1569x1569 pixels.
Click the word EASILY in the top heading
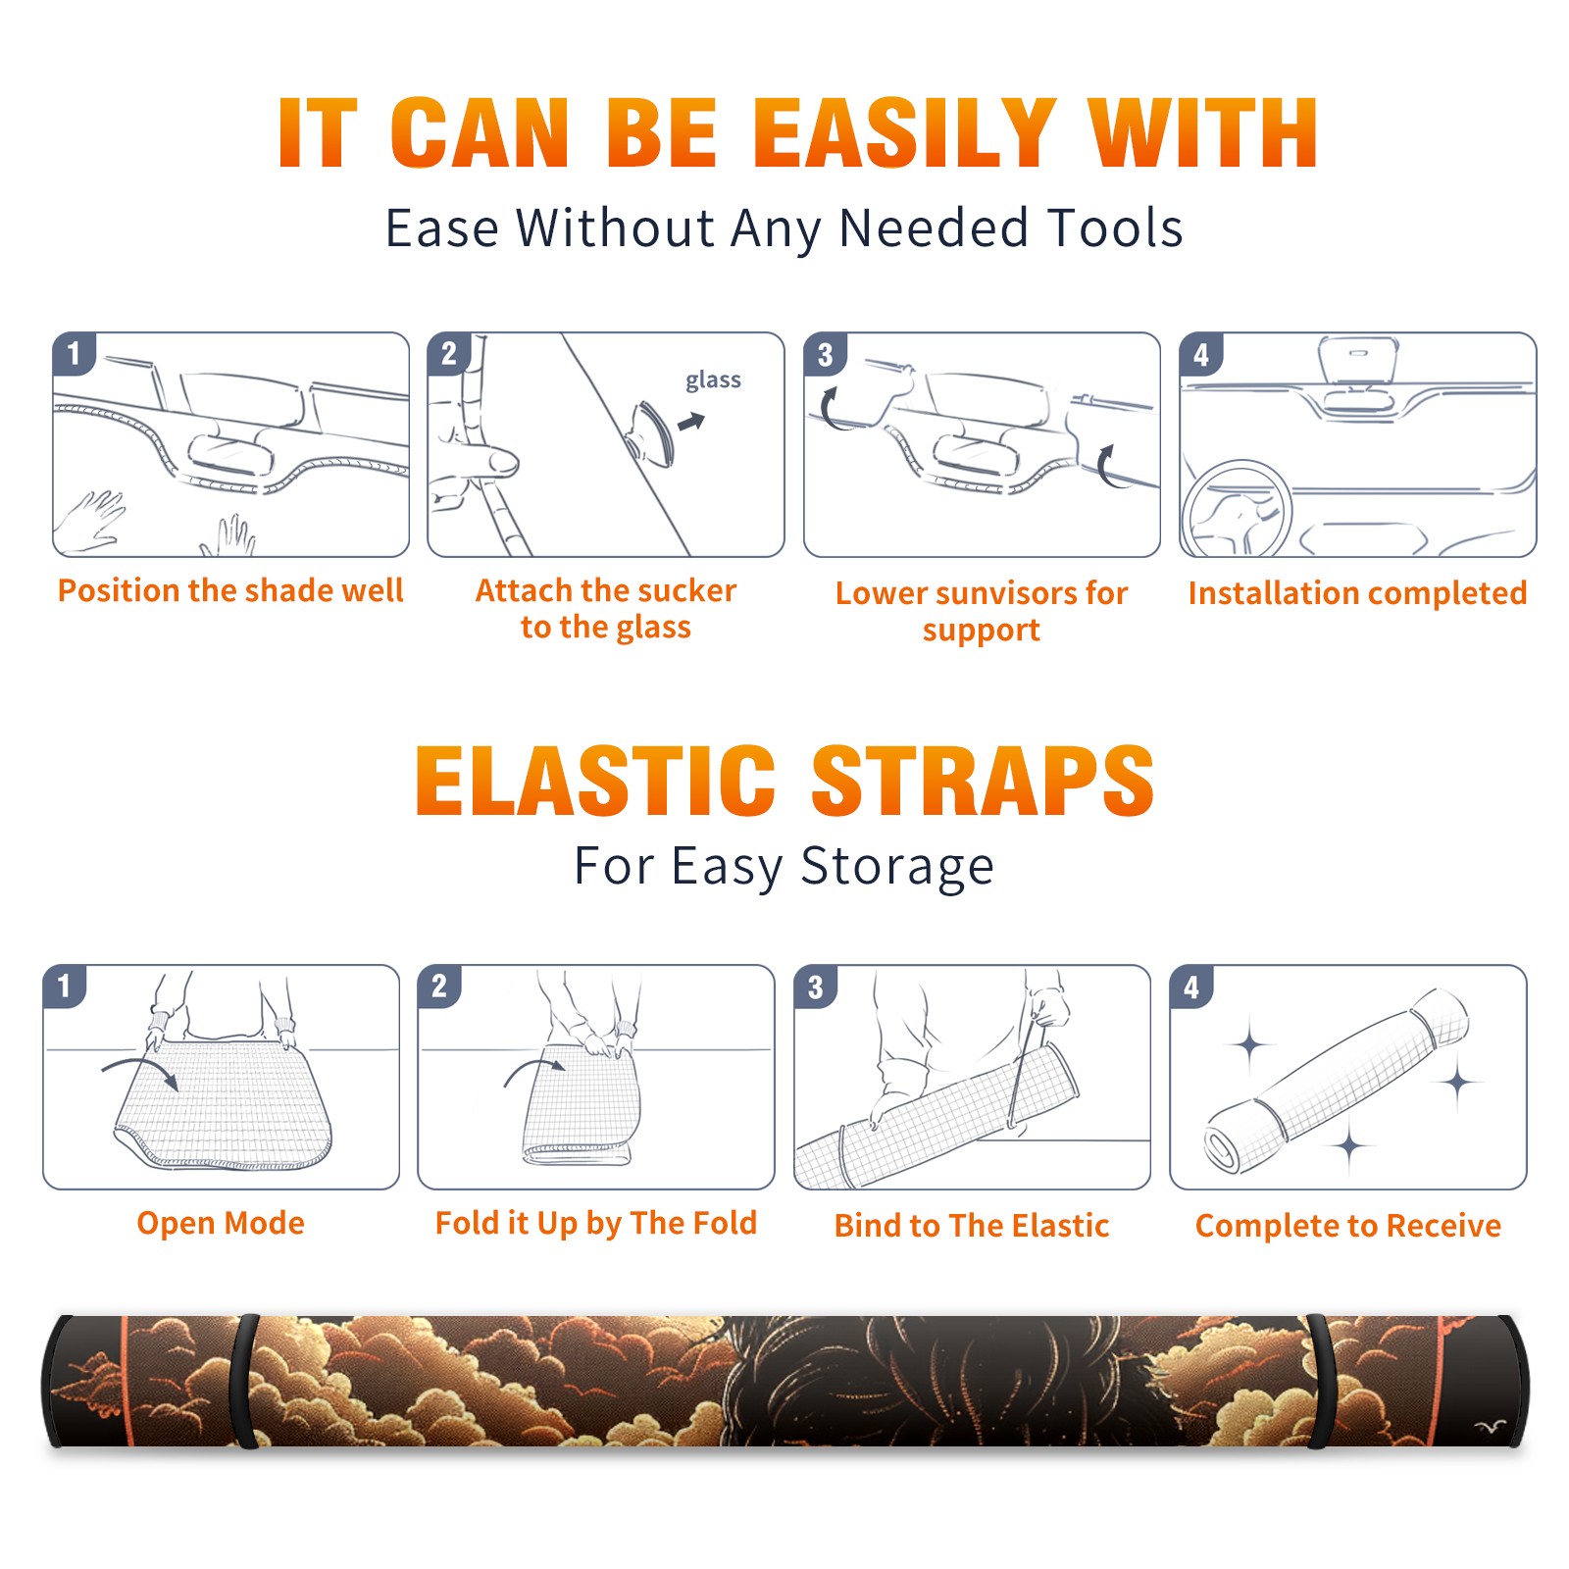point(906,133)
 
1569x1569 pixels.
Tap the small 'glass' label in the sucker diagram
point(713,380)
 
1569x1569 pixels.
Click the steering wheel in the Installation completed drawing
point(1238,509)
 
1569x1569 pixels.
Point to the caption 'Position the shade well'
point(230,590)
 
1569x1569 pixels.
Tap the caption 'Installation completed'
point(1357,593)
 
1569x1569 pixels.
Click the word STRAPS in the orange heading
point(983,781)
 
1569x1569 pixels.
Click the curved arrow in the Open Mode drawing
point(140,1070)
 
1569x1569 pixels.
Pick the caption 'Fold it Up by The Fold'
point(596,1223)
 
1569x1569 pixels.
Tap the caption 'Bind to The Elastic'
point(972,1226)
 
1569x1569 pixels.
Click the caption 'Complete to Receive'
point(1348,1226)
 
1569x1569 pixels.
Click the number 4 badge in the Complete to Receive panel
point(1191,987)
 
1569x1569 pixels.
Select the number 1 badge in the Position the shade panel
point(74,353)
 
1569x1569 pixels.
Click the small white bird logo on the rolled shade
point(1490,1428)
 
